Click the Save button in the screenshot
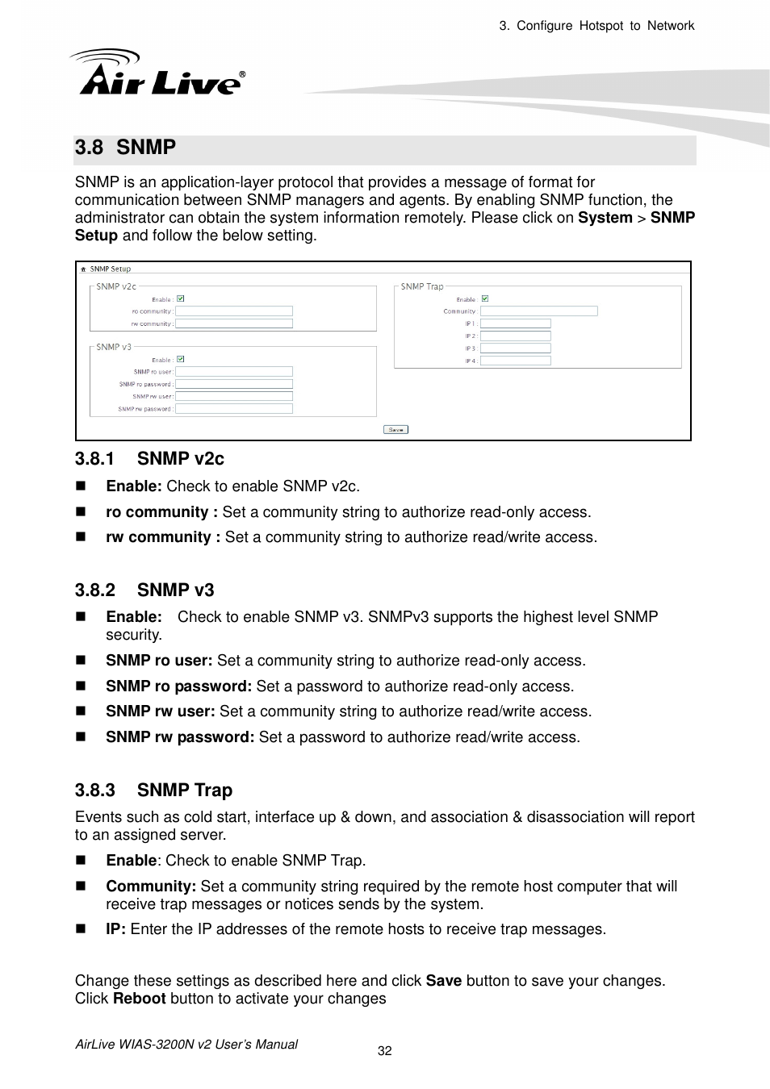pyautogui.click(x=395, y=429)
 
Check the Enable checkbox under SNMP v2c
pyautogui.click(x=181, y=298)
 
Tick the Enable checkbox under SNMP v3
pyautogui.click(x=181, y=359)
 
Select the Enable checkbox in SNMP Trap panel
pyautogui.click(x=485, y=298)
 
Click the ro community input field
pyautogui.click(x=234, y=311)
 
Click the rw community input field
pyautogui.click(x=234, y=323)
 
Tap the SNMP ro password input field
pyautogui.click(x=234, y=384)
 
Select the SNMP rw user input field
pyautogui.click(x=234, y=396)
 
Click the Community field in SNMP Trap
pyautogui.click(x=538, y=311)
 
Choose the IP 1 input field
pyautogui.click(x=515, y=323)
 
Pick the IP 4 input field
pyautogui.click(x=515, y=361)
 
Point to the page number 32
pyautogui.click(x=385, y=1050)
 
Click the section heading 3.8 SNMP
pyautogui.click(x=125, y=148)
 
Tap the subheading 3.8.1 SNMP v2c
pyautogui.click(x=149, y=459)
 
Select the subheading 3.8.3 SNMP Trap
pyautogui.click(x=153, y=791)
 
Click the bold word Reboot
pyautogui.click(x=139, y=999)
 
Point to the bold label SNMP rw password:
pyautogui.click(x=180, y=737)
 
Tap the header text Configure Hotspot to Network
pyautogui.click(x=605, y=26)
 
